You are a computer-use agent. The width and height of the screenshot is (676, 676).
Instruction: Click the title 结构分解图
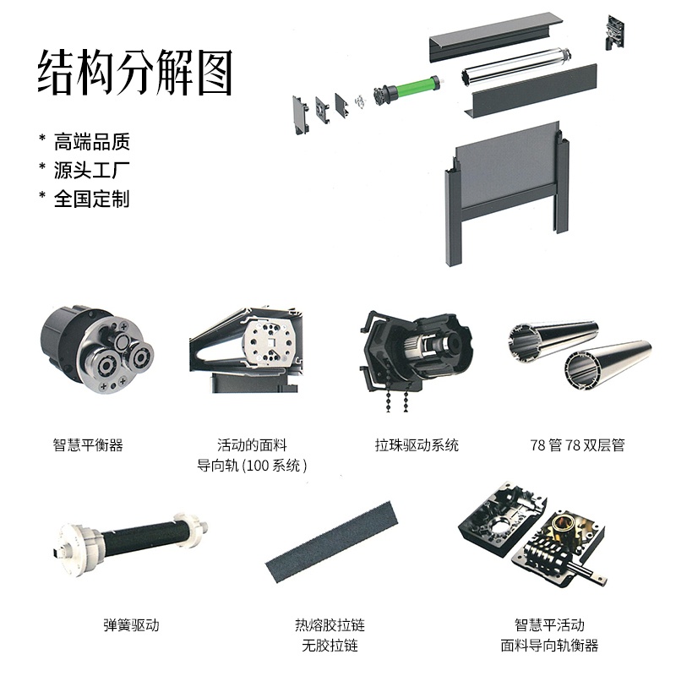coord(135,72)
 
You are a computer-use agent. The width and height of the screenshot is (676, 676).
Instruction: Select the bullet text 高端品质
coord(91,142)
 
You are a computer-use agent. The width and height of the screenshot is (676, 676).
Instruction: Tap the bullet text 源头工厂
coord(91,171)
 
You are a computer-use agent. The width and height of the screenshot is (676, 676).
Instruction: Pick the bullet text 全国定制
coord(91,199)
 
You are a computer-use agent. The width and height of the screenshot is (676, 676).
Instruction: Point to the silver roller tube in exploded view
coord(516,65)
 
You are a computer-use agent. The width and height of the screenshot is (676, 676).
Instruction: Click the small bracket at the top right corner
coord(616,32)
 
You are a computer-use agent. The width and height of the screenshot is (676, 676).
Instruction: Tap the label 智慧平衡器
coord(88,444)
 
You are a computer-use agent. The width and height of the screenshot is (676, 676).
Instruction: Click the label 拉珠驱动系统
coord(417,444)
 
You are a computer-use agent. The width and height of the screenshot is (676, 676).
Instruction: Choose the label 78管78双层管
coord(577,444)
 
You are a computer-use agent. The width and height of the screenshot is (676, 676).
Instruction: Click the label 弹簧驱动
coord(131,624)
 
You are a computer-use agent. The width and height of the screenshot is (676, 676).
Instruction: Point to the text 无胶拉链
coord(330,646)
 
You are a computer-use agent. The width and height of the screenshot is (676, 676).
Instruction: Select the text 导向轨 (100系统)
coord(252,466)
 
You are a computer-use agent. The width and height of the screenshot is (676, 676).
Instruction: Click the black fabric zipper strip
coord(331,542)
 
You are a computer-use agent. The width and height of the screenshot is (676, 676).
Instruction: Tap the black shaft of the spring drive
coord(144,536)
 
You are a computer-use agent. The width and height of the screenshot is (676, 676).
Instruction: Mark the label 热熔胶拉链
coord(330,624)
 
